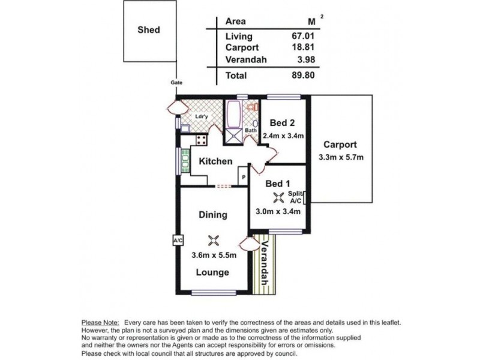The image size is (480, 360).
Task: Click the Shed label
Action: (149, 30)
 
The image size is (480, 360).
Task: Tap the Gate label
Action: (176, 82)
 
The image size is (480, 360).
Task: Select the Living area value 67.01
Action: (303, 36)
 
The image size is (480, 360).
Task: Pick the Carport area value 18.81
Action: (303, 47)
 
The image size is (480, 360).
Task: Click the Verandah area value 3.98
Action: (306, 59)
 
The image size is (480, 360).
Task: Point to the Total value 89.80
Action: (303, 76)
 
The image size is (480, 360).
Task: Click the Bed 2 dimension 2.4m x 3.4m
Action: (283, 136)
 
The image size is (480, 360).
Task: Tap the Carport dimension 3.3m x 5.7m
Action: (341, 157)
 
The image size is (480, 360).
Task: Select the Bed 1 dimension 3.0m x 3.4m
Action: (278, 212)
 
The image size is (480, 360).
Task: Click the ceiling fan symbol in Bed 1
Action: (278, 197)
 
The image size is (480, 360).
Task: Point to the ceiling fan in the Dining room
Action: (214, 241)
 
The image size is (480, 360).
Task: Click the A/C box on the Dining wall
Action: (178, 241)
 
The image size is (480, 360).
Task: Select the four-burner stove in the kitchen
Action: (202, 140)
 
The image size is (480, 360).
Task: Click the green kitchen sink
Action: (185, 161)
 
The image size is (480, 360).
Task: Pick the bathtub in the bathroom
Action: (234, 115)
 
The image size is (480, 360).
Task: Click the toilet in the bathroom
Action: (252, 107)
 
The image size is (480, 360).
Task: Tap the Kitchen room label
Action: (215, 161)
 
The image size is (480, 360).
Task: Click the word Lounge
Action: (212, 272)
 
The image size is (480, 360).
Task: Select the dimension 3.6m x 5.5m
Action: (214, 255)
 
